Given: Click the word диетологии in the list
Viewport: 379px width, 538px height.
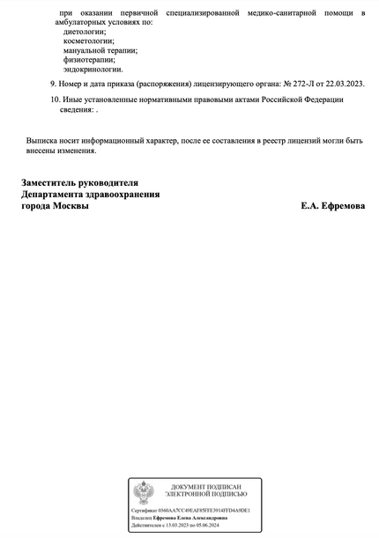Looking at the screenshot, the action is point(74,32).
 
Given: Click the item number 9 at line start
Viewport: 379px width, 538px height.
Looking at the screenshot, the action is point(53,84).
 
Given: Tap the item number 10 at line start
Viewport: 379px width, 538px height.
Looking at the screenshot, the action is point(55,100).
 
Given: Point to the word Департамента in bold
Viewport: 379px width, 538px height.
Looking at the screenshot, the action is point(58,195).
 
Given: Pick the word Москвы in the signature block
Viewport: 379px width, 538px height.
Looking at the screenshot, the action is point(71,206).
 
